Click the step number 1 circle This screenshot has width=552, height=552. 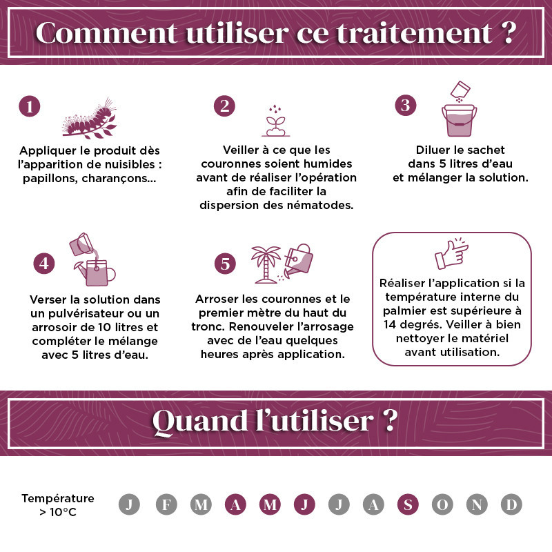(29, 106)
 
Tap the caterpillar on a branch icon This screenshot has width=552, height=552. (90, 119)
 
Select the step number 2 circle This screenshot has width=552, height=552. (224, 106)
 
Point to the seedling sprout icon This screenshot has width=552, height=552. (276, 121)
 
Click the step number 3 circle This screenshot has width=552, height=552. (406, 105)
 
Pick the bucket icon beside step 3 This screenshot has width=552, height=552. (458, 117)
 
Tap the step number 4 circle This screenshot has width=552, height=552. (44, 264)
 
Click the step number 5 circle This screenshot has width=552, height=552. (225, 264)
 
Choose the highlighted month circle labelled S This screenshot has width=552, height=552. (407, 504)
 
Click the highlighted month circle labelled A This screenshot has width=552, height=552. (235, 504)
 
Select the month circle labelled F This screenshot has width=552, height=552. (166, 504)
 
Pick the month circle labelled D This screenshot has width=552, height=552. (511, 504)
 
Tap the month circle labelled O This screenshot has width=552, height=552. (442, 504)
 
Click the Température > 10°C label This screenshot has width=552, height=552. (58, 505)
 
